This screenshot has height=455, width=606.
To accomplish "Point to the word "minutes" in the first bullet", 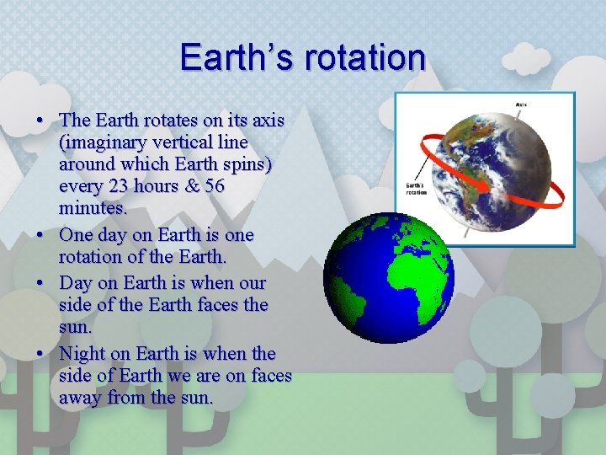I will click(x=91, y=206).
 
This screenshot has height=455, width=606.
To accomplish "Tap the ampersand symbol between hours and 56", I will click(x=188, y=185).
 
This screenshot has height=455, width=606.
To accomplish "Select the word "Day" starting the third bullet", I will click(x=76, y=283).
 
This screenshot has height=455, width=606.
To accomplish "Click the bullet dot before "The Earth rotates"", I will click(x=40, y=120).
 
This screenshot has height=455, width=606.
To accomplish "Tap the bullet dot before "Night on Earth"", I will click(x=40, y=353).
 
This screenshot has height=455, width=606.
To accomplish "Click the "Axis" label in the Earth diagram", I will click(x=521, y=105).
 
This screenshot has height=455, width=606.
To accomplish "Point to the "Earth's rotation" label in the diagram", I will click(x=417, y=188).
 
